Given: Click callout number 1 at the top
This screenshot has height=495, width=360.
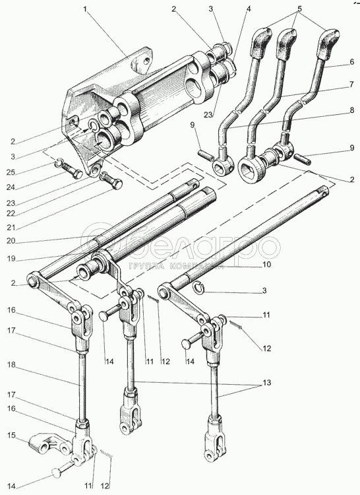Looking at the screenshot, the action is click(85, 9).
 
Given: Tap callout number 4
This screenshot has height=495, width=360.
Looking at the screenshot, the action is click(249, 9).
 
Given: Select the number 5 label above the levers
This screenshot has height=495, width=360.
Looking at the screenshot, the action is click(299, 9).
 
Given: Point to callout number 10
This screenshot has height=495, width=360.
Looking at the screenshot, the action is click(266, 264).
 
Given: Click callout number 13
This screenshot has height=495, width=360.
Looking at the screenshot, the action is click(266, 383).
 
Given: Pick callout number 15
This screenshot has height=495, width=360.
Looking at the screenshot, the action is click(11, 435).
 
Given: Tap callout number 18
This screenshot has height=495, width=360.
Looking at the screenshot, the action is click(11, 365).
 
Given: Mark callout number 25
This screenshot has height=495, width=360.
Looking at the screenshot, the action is click(11, 172).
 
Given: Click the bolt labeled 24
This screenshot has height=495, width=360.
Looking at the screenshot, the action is click(73, 170).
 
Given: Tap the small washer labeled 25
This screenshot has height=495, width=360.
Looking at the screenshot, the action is click(59, 163).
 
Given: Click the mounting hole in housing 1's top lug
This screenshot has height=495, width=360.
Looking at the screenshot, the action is click(146, 60).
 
